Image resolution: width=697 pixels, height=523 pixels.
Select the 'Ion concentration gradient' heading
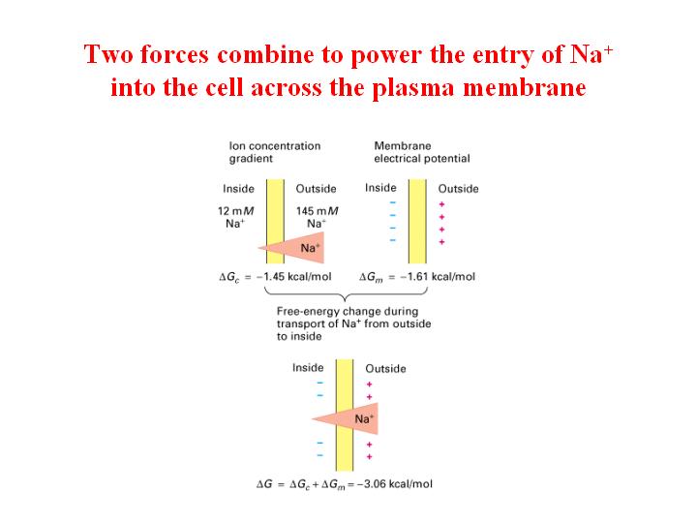(275, 152)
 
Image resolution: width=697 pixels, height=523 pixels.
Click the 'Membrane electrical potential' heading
(422, 152)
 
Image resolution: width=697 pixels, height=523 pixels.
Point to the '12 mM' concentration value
(235, 211)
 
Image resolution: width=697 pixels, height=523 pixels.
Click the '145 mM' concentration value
(317, 211)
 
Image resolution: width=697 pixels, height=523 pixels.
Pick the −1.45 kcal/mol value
(294, 277)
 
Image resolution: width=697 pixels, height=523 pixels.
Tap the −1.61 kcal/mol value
(438, 277)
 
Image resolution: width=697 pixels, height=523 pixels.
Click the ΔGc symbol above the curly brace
(229, 278)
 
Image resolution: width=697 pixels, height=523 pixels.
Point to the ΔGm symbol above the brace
(371, 278)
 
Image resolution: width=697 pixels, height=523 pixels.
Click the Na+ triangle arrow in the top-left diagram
(291, 248)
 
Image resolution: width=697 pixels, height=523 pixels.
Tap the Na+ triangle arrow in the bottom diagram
(345, 418)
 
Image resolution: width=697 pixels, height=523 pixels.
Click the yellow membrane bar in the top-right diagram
(417, 222)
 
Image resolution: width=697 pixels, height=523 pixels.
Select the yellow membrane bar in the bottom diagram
(345, 415)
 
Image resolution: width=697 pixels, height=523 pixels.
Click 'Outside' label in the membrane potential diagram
(458, 189)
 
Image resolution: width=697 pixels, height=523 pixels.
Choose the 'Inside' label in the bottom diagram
(308, 368)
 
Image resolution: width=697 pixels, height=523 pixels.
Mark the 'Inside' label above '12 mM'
(238, 189)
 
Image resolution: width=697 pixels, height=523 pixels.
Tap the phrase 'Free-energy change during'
(348, 311)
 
